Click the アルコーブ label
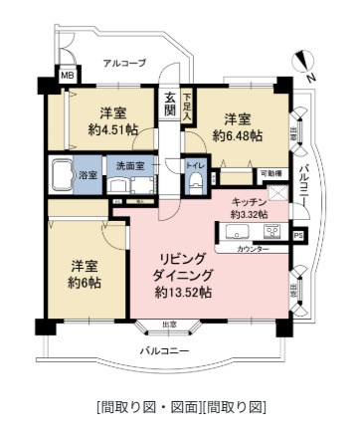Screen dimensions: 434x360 point(124,64)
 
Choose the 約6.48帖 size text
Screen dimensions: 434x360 point(237,134)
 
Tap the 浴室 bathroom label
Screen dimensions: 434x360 point(89,175)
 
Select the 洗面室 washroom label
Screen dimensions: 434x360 point(132,165)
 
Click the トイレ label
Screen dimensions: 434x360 point(196,165)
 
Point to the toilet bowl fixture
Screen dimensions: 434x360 point(197,180)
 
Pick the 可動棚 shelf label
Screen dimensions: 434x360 point(270,174)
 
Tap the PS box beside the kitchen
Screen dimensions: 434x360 point(298,235)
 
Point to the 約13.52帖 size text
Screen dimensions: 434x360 point(183,293)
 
